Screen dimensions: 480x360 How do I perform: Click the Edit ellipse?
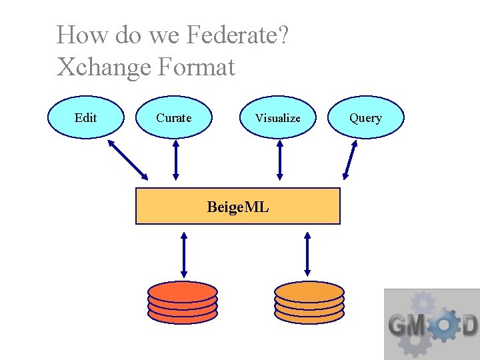(x=86, y=118)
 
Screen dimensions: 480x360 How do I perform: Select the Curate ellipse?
(x=174, y=118)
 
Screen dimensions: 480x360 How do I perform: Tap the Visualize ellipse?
(x=277, y=118)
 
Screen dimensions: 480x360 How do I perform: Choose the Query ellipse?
(x=366, y=118)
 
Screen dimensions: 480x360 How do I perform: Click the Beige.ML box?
(x=238, y=207)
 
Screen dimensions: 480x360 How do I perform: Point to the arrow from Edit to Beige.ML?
(x=128, y=159)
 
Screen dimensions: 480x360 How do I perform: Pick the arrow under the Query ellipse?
(x=350, y=162)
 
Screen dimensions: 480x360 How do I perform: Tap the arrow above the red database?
(x=184, y=254)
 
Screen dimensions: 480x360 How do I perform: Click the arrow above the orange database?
(x=307, y=254)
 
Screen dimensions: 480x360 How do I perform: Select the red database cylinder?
(x=183, y=303)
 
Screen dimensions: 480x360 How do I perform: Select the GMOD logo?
(x=432, y=325)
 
